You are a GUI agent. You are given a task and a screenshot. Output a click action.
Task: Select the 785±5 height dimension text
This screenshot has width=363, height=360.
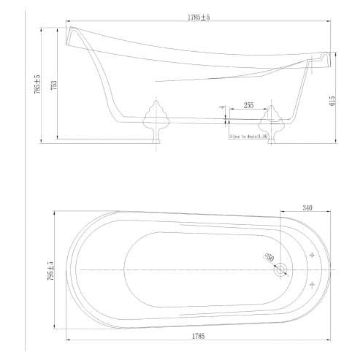pyautogui.click(x=47, y=85)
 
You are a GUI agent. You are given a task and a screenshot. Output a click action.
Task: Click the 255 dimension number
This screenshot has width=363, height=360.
pyautogui.click(x=248, y=106)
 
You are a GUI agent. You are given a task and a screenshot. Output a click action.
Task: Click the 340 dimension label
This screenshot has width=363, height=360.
pyautogui.click(x=307, y=207)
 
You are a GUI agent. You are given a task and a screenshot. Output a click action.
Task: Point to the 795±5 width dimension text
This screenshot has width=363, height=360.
pyautogui.click(x=50, y=269)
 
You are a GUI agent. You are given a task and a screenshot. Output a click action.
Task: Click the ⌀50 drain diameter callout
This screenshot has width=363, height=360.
pyautogui.click(x=267, y=256)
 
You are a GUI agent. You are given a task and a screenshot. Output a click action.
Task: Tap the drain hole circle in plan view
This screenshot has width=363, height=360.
pyautogui.click(x=280, y=270)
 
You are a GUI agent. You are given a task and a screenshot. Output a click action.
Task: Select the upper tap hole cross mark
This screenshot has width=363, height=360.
pyautogui.click(x=313, y=256)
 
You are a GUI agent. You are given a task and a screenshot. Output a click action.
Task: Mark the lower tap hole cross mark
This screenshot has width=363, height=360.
pyautogui.click(x=313, y=283)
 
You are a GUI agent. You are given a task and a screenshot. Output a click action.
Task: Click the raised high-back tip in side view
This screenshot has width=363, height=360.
pyautogui.click(x=74, y=33)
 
